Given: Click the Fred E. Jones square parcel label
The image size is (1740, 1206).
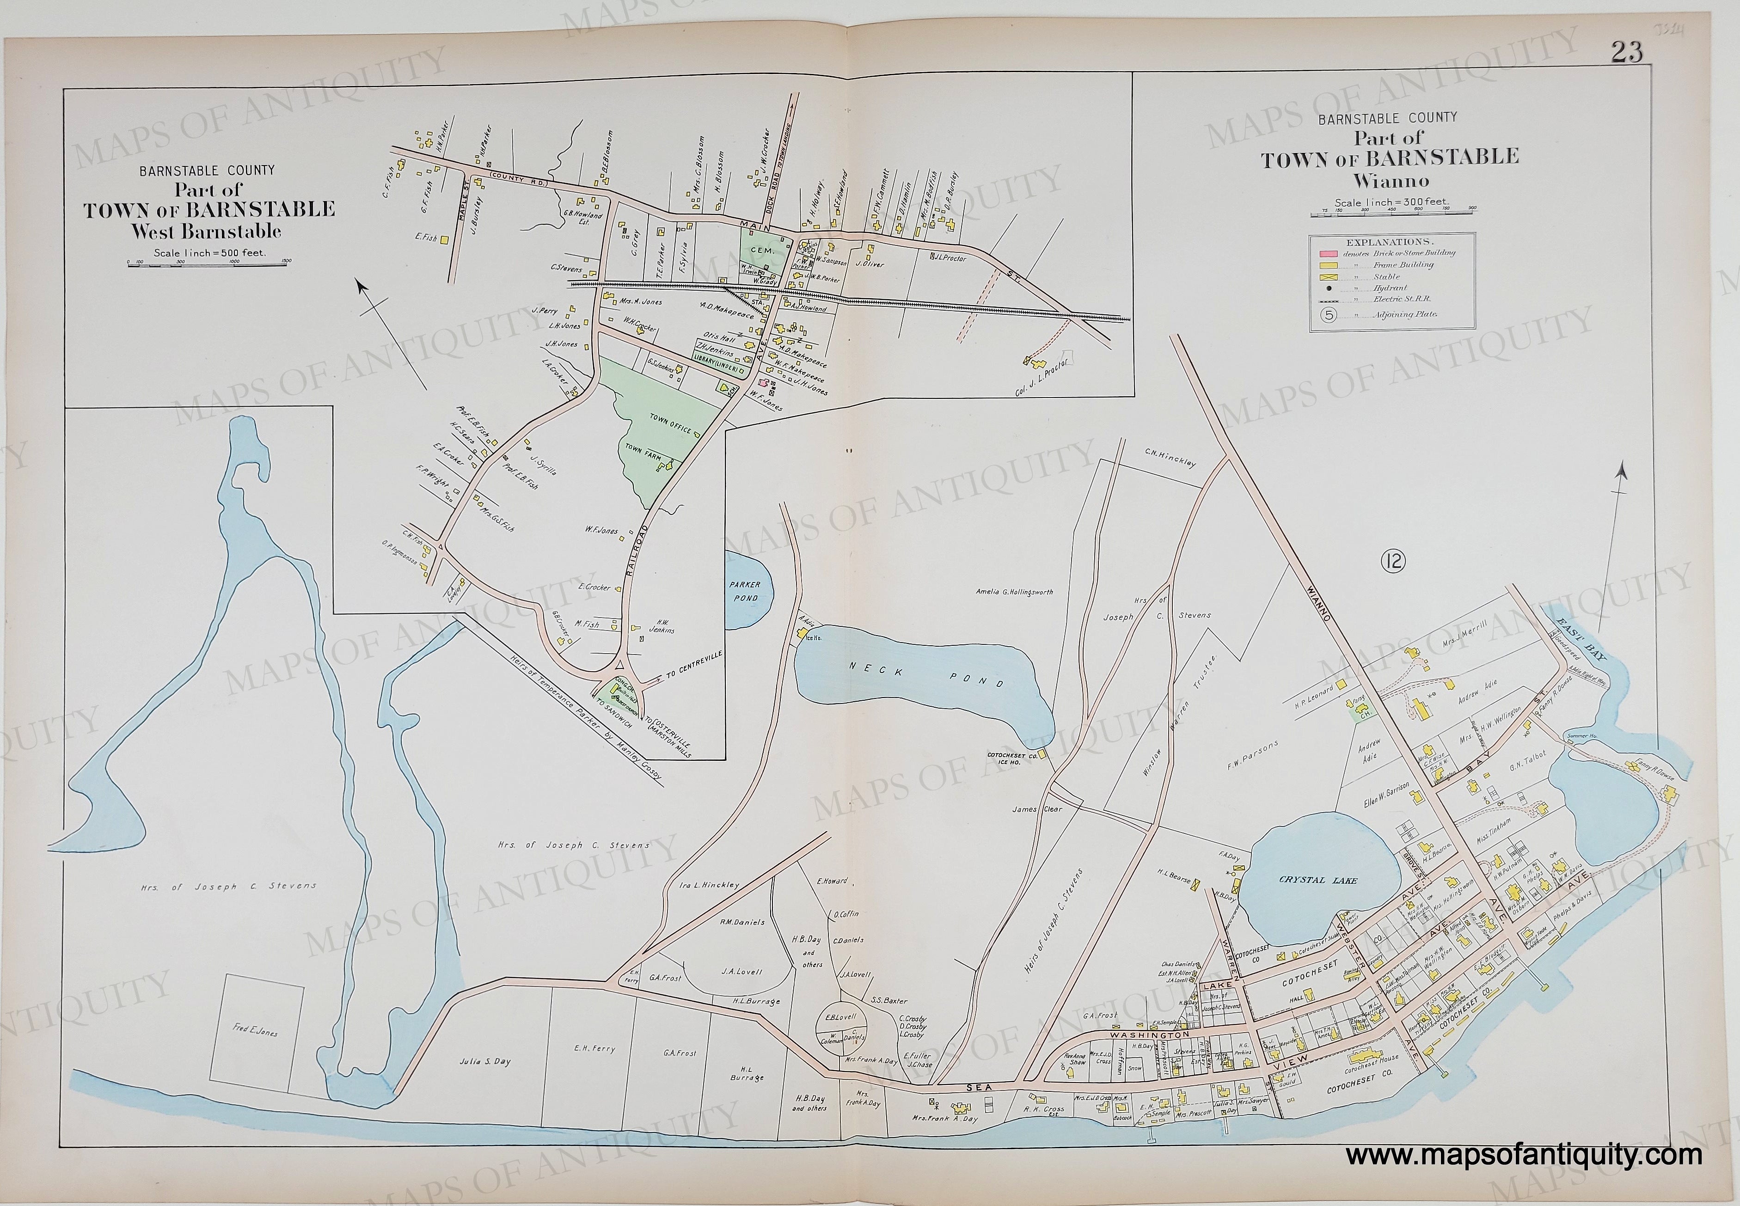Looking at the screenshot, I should pos(257,1031).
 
